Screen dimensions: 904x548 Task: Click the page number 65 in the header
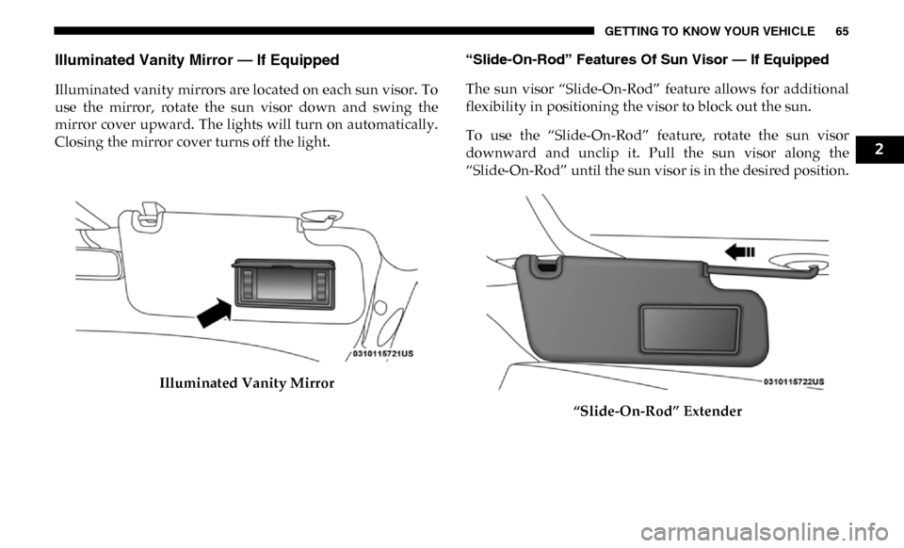tap(842, 31)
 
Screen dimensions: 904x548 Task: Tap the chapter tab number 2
tap(879, 150)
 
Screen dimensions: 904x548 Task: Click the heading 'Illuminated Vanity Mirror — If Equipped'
tap(197, 60)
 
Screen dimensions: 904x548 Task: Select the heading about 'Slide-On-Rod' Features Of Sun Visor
tap(647, 60)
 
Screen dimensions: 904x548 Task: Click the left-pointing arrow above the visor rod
tap(739, 251)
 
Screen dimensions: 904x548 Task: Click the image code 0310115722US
tap(793, 381)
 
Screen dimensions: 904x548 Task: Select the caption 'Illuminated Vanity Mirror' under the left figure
tap(247, 383)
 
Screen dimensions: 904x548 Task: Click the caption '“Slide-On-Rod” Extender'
tap(657, 411)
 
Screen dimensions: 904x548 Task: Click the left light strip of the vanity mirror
tap(247, 284)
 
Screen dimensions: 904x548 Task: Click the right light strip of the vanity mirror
tap(322, 284)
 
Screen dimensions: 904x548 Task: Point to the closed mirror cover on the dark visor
tap(689, 329)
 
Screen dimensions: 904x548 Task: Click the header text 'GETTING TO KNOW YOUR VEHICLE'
tap(710, 31)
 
